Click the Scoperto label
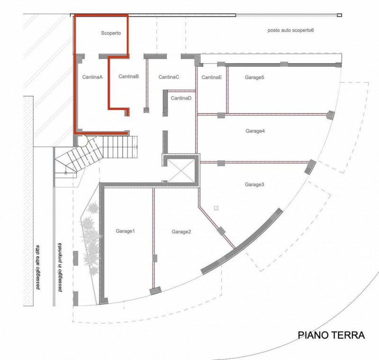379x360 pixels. [111, 34]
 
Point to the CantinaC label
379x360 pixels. [169, 77]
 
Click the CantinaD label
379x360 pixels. [181, 98]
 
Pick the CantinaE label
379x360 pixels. [211, 77]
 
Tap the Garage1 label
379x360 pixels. [126, 231]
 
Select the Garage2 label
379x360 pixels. [181, 231]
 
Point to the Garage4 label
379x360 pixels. [254, 131]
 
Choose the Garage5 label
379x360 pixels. [254, 77]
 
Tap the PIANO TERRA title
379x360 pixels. [331, 336]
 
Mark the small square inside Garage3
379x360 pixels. [216, 208]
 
